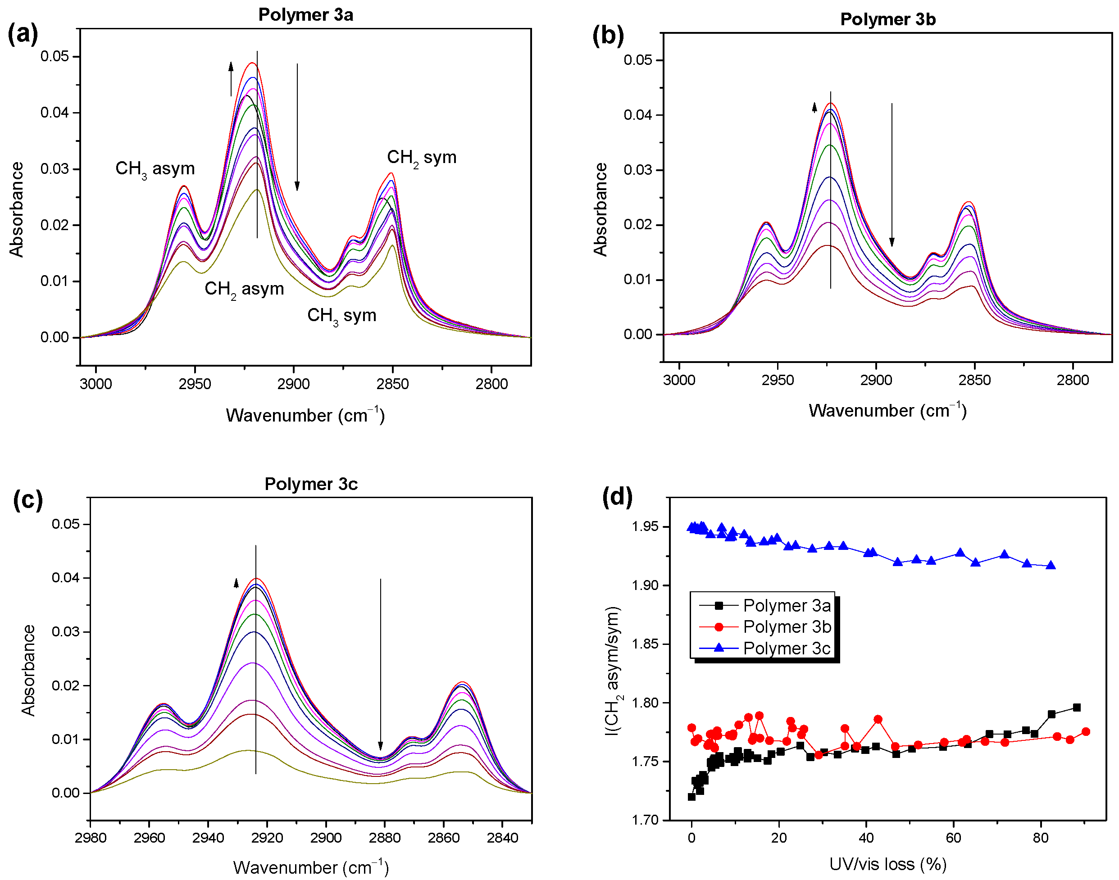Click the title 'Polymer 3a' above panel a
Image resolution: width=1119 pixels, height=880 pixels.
305,14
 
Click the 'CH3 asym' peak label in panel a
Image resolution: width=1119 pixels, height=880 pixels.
155,168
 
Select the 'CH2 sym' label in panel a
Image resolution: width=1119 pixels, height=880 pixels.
421,157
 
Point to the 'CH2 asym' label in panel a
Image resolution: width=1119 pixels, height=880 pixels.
244,289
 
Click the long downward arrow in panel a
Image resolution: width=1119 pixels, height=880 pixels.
297,126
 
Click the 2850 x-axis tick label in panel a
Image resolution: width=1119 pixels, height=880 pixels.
392,384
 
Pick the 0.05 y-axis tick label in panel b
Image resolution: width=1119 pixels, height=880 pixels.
637,60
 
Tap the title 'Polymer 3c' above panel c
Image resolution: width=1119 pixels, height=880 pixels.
311,484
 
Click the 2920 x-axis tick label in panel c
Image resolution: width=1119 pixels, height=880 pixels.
267,838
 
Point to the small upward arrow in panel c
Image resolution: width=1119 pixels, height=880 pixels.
236,583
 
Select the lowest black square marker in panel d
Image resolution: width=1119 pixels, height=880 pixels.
691,797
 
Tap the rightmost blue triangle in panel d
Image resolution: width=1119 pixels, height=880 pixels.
1051,566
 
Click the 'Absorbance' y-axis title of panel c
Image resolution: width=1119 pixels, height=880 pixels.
29,670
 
